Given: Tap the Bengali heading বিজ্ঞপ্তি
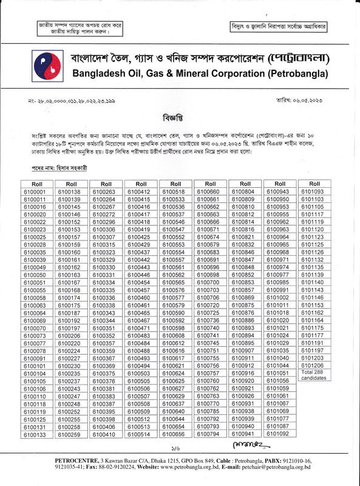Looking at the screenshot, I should click(x=180, y=117).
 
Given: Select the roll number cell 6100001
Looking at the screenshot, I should click(x=38, y=192).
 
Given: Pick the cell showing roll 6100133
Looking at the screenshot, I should click(x=38, y=435).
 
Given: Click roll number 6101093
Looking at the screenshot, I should click(x=315, y=192).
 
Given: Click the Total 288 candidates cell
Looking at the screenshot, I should click(x=315, y=375).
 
